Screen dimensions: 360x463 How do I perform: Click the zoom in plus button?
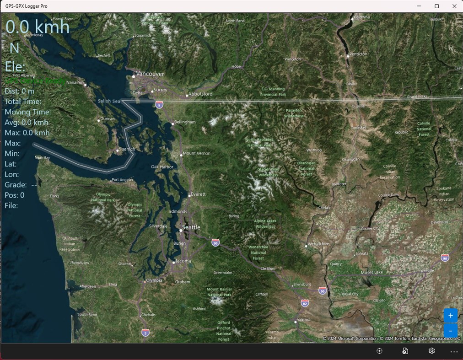[450, 316]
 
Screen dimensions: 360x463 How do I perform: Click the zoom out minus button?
[450, 330]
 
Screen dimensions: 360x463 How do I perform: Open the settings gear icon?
[431, 351]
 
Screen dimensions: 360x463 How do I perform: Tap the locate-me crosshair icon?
[379, 351]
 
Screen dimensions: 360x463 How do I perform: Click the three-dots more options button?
[453, 351]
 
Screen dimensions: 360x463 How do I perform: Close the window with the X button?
[454, 6]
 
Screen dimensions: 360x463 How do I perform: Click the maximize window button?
[436, 6]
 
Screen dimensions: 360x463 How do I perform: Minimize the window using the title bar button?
[419, 6]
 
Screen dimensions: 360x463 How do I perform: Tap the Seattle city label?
[191, 227]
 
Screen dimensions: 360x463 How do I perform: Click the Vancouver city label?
[150, 74]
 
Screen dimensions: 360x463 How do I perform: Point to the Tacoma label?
[183, 261]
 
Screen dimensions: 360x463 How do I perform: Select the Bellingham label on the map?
[185, 122]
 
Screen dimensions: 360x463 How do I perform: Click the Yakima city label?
[303, 320]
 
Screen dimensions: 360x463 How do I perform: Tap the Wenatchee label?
[318, 244]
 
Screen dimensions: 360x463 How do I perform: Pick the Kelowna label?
[361, 17]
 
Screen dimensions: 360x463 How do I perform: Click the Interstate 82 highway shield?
[305, 303]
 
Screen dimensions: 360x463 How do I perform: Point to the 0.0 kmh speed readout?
[38, 27]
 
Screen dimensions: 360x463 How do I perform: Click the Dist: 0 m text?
[19, 91]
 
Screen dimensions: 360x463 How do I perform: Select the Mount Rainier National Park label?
[219, 292]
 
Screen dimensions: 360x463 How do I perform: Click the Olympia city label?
[154, 280]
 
